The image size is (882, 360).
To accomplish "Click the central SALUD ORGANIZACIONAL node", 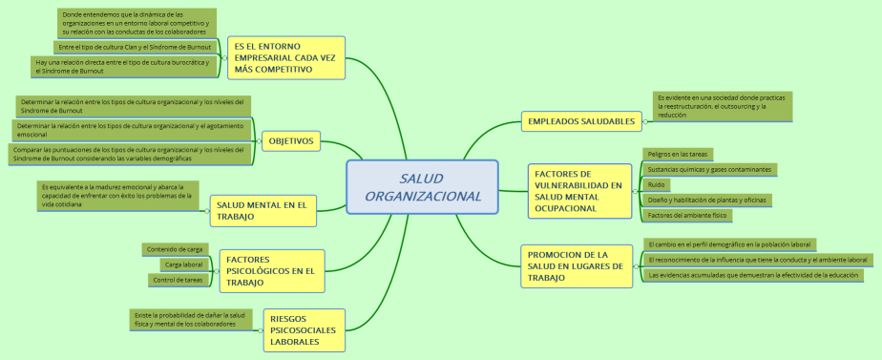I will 422,187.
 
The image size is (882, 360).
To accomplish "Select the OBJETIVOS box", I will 291,141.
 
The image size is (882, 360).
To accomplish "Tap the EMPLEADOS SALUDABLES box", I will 581,121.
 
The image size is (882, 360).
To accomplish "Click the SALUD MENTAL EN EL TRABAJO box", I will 262,210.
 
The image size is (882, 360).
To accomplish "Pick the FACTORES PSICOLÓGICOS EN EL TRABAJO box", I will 271,270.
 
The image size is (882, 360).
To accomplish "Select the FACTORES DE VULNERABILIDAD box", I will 578,190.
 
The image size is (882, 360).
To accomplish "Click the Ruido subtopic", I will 657,184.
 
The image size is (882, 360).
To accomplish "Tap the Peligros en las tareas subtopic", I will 677,154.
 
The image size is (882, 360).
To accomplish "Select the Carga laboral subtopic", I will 183,265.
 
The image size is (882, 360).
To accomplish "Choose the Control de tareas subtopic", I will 179,280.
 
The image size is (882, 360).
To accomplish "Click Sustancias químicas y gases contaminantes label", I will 708,169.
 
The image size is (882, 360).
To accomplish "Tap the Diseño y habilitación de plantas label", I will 705,200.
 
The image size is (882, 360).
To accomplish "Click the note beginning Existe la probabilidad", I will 190,319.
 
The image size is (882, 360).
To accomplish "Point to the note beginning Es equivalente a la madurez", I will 115,195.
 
